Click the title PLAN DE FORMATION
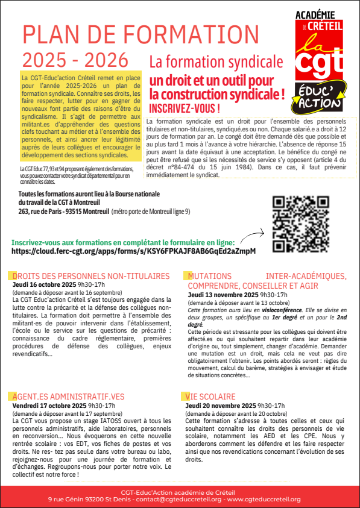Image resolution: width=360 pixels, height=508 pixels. pyautogui.click(x=141, y=35)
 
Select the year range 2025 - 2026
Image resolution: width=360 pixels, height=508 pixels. pyautogui.click(x=75, y=60)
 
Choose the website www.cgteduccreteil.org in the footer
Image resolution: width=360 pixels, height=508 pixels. pyautogui.click(x=271, y=500)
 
